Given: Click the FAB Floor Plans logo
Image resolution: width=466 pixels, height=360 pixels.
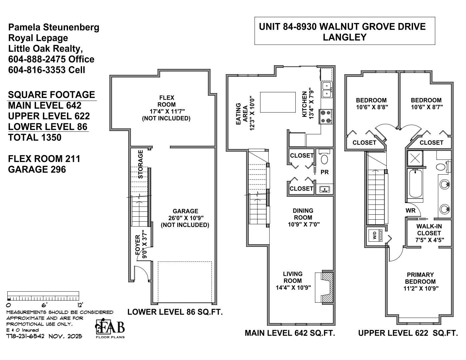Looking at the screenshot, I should click(x=110, y=329).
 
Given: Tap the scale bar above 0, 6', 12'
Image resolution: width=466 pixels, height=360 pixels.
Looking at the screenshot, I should click(x=43, y=296).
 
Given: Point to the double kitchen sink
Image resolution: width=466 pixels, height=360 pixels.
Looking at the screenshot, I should click(x=327, y=89).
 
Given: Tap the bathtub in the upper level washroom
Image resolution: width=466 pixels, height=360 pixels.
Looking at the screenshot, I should click(x=415, y=184).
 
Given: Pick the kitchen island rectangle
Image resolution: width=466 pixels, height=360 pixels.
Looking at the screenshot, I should click(x=278, y=102).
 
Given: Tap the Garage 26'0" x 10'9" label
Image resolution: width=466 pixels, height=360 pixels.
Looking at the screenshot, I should click(x=185, y=218).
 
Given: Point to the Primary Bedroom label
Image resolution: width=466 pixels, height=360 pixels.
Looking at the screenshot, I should click(x=421, y=282).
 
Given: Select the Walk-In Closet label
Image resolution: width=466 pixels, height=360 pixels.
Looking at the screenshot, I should click(x=429, y=233).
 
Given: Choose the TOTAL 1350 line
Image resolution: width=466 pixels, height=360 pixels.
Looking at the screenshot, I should click(x=35, y=138).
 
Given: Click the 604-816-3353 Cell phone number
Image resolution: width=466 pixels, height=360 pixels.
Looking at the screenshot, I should click(x=46, y=70).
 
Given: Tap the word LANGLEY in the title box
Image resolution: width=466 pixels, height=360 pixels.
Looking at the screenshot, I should click(x=344, y=37).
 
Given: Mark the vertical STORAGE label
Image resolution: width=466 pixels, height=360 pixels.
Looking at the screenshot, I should click(x=141, y=164).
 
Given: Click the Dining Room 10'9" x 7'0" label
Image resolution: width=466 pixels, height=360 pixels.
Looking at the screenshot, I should click(x=303, y=217).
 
